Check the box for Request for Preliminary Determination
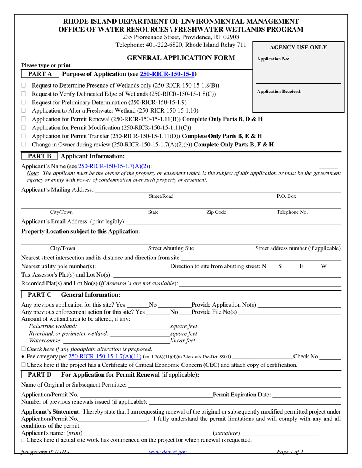[x=24, y=102]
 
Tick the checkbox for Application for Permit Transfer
[x=24, y=136]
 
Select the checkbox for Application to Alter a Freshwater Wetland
[x=24, y=111]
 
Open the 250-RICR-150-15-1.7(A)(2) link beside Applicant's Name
[x=114, y=166]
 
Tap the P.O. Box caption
[x=286, y=196]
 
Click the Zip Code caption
[x=216, y=212]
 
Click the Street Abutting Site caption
[x=171, y=248]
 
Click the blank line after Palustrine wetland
[x=124, y=327]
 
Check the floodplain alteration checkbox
[x=24, y=349]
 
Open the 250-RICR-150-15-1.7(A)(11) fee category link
[x=105, y=357]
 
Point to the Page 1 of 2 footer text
[x=290, y=452]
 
